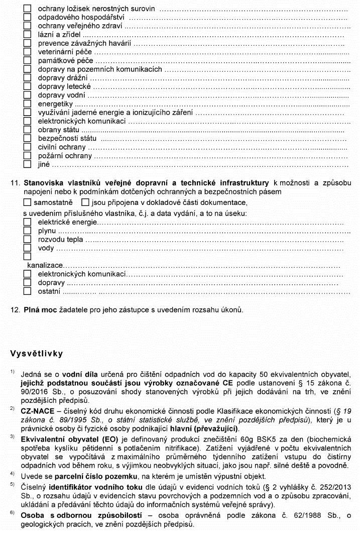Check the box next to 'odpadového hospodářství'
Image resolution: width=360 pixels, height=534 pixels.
[27, 18]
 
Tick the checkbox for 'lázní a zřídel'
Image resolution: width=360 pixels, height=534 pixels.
[27, 35]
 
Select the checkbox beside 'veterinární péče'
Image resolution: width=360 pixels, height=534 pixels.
[27, 52]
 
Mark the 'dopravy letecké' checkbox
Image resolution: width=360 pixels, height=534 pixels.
[27, 86]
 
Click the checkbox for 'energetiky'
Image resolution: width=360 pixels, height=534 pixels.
[27, 103]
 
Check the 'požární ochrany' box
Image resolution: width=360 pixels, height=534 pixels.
[27, 156]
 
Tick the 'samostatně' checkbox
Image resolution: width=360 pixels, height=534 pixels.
[27, 202]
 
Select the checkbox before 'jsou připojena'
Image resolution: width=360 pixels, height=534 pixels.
[85, 202]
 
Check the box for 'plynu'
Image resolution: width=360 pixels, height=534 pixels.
[27, 231]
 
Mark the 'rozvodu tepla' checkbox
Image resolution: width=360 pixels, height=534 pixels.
[27, 239]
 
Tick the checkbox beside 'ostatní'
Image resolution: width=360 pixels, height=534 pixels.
[27, 291]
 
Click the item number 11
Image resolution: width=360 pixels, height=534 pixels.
[14, 182]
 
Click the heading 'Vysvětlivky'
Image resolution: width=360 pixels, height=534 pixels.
[37, 354]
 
